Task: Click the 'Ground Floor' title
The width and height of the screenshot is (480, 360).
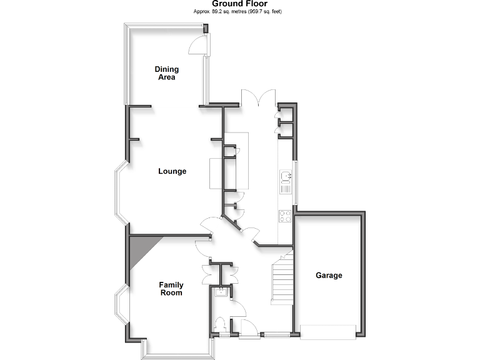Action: [240, 4]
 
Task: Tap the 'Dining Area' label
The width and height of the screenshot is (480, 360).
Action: [167, 73]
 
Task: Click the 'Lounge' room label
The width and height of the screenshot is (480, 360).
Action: [172, 171]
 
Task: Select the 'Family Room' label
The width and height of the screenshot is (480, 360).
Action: [171, 289]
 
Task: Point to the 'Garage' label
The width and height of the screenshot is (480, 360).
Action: [329, 275]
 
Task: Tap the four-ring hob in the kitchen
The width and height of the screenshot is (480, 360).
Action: [285, 215]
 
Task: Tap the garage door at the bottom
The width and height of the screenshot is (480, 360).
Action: [329, 332]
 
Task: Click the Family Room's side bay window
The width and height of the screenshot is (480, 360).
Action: [119, 307]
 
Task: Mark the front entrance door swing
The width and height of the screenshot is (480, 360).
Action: [247, 327]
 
